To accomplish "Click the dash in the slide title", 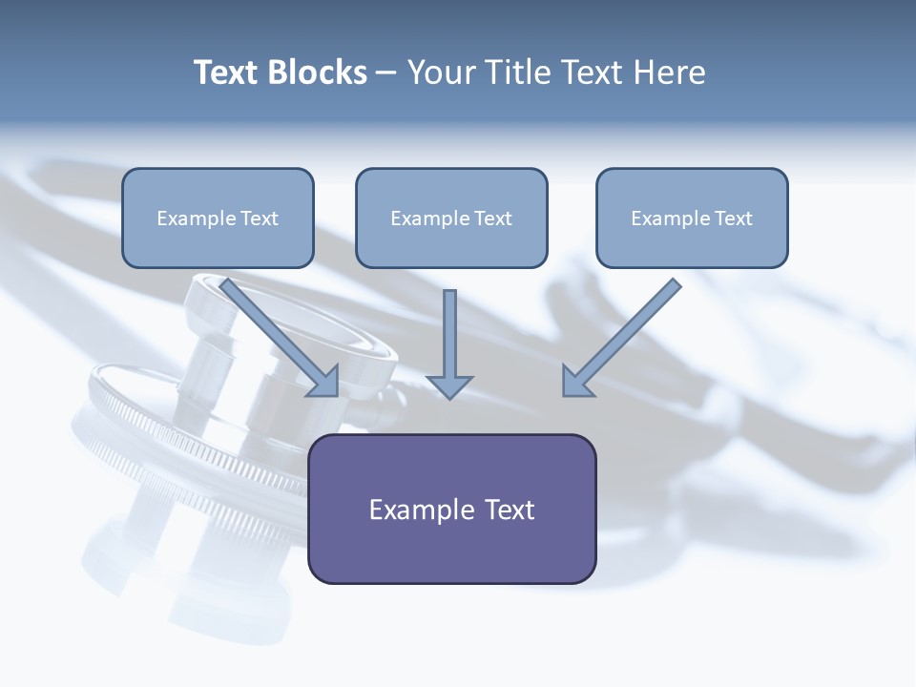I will point(386,73).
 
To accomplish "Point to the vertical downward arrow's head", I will point(449,385).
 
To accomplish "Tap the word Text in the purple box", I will point(509,510).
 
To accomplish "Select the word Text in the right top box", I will point(733,219).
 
